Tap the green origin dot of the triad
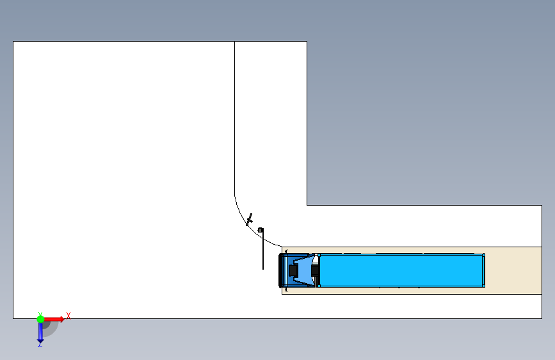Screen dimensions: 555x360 [x=40, y=318]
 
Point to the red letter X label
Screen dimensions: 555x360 [x=68, y=315]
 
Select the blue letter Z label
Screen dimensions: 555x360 [x=40, y=345]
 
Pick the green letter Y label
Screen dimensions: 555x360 [x=40, y=313]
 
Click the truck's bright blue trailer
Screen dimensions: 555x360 [x=400, y=270]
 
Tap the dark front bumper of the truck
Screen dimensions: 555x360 [x=281, y=270]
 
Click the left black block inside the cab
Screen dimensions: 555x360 [x=293, y=271]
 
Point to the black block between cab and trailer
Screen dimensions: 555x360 [x=315, y=271]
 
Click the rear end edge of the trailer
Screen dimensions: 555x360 [x=484, y=270]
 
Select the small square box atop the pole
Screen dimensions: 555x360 [x=260, y=230]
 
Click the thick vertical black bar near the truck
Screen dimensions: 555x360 [x=262, y=250]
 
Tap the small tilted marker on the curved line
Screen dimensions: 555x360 [x=249, y=220]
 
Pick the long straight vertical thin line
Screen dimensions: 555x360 [x=235, y=115]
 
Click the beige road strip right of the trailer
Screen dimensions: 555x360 [x=512, y=270]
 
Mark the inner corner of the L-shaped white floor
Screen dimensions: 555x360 [x=307, y=205]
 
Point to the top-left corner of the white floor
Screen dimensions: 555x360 [x=13, y=42]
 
